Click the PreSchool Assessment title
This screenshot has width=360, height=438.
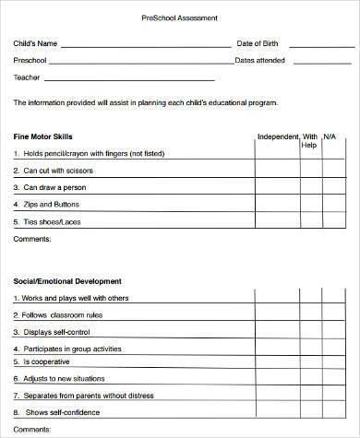pyautogui.click(x=179, y=18)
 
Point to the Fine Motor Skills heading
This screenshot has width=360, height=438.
pyautogui.click(x=44, y=136)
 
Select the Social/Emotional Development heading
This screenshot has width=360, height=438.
pyautogui.click(x=67, y=280)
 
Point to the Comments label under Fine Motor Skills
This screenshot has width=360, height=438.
pyautogui.click(x=33, y=238)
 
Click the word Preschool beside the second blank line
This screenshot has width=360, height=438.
pyautogui.click(x=30, y=60)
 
